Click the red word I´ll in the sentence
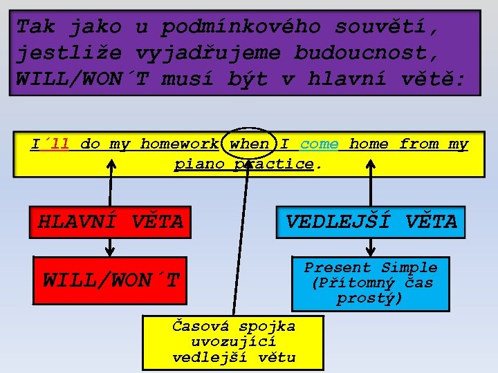[50, 144]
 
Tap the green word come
[320, 144]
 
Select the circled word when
[250, 144]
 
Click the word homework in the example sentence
[179, 144]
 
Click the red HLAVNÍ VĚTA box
[110, 222]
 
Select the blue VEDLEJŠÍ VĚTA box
[371, 222]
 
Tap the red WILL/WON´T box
[110, 280]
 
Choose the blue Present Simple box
[371, 283]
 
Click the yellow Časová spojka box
[234, 342]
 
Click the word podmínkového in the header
[241, 27]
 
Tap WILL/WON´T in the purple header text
[82, 78]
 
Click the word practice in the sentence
[274, 164]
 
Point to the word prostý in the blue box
[370, 298]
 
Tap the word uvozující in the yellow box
[234, 342]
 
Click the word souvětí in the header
[387, 27]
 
